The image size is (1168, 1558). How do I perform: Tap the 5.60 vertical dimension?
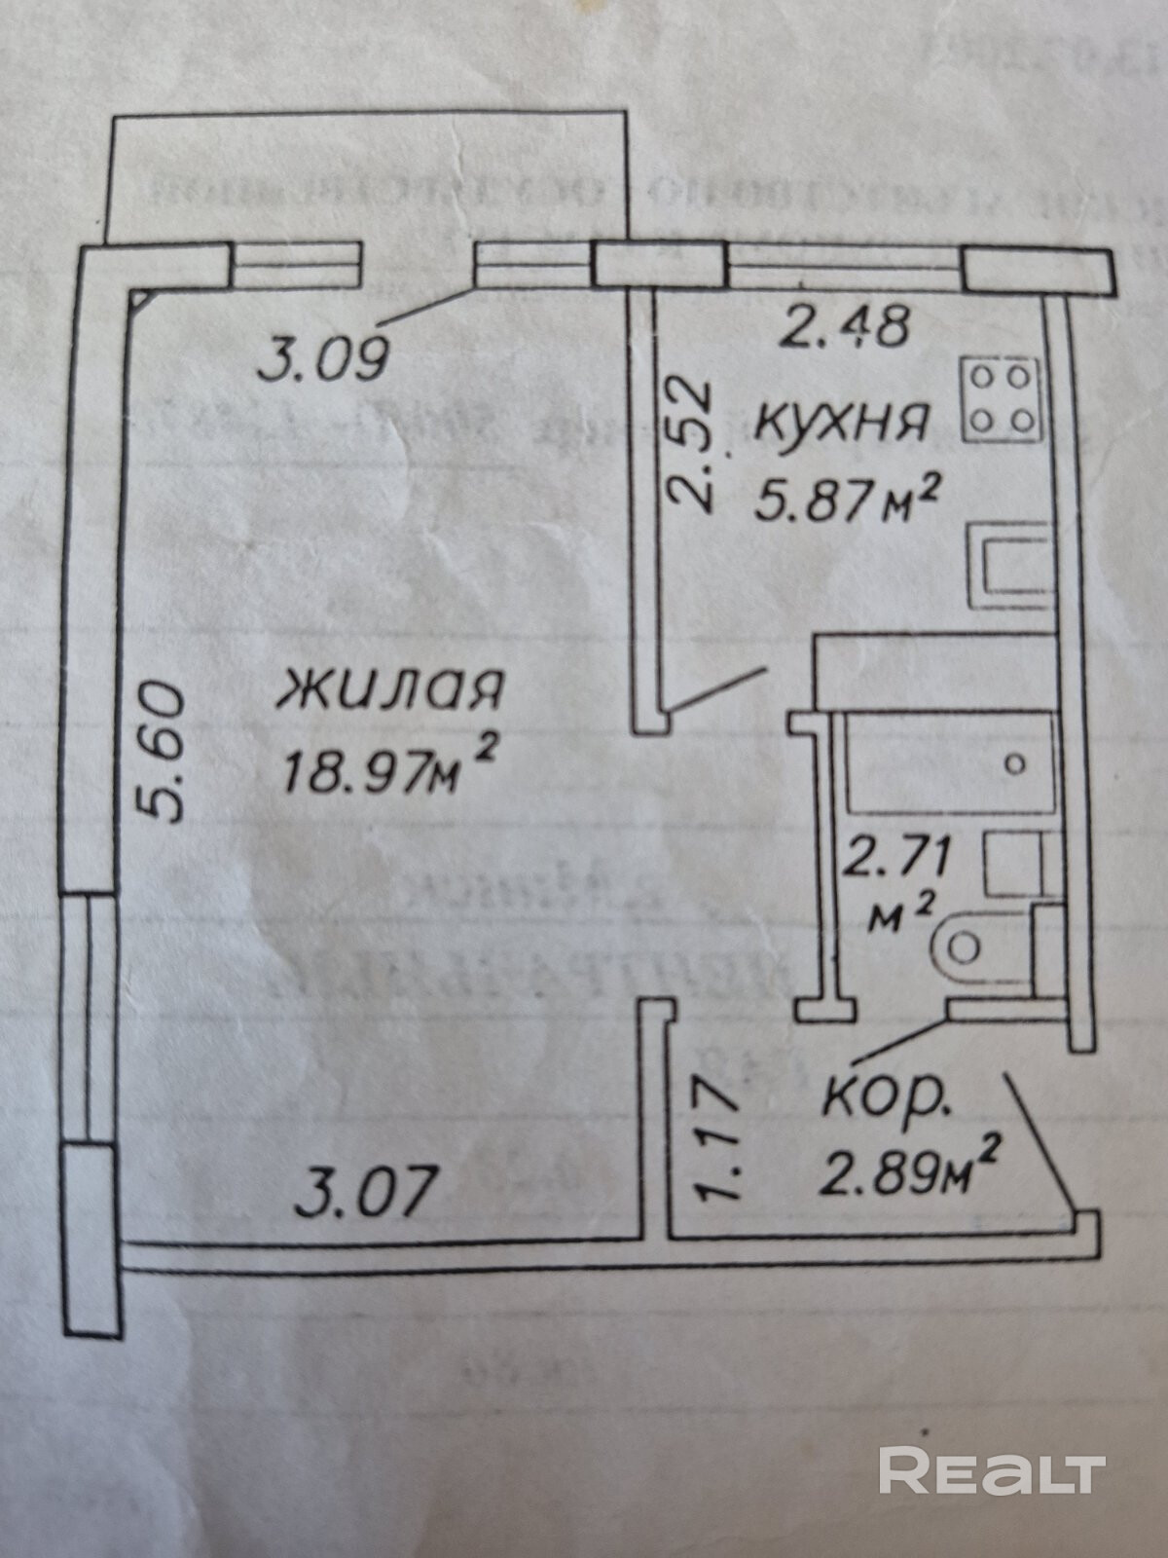click(159, 752)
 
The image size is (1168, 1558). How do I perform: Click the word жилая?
click(389, 691)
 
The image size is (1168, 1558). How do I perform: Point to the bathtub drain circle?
click(1014, 763)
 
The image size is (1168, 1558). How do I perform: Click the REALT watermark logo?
click(991, 1469)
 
